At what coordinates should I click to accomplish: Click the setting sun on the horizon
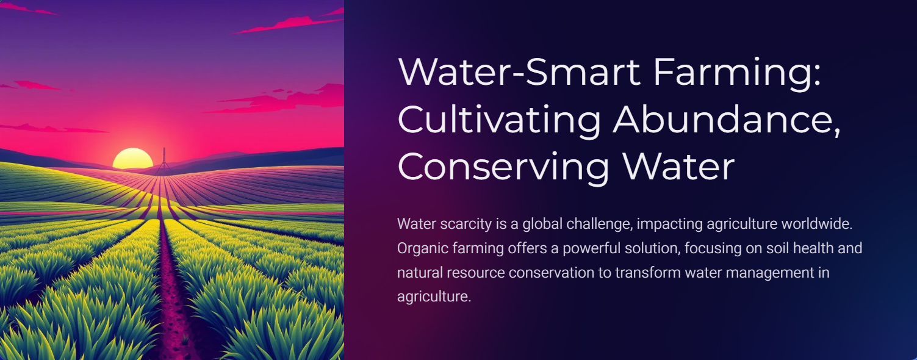[x=132, y=159]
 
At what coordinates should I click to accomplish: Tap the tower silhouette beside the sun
[x=164, y=161]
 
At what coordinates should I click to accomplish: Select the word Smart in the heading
[x=583, y=72]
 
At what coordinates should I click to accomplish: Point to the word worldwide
[x=817, y=224]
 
